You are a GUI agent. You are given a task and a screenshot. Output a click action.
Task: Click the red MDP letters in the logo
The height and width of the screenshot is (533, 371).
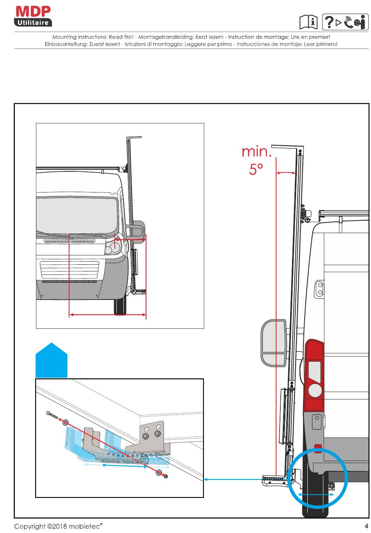[x=33, y=11]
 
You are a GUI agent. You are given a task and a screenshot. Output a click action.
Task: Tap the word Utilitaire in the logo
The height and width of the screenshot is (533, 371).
[x=33, y=23]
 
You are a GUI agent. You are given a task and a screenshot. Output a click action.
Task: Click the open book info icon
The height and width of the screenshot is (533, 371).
[x=308, y=22]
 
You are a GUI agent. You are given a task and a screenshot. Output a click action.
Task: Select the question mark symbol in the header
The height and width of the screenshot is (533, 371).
[x=329, y=22]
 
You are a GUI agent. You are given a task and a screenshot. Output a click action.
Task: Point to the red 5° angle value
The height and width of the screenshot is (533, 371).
[x=256, y=169]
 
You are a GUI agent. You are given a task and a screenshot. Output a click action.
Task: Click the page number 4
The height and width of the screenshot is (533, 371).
[x=366, y=526]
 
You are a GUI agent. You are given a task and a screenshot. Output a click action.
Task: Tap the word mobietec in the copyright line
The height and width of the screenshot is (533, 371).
[x=86, y=526]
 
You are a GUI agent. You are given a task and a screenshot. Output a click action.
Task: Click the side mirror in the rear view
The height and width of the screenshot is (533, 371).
[x=274, y=343]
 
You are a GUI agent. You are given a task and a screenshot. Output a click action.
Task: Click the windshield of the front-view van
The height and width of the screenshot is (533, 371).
[x=77, y=215]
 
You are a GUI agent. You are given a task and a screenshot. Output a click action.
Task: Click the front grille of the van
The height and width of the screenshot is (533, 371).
[x=70, y=269]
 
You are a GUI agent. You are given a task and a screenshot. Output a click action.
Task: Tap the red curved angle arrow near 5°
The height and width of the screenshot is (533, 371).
[x=285, y=172]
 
